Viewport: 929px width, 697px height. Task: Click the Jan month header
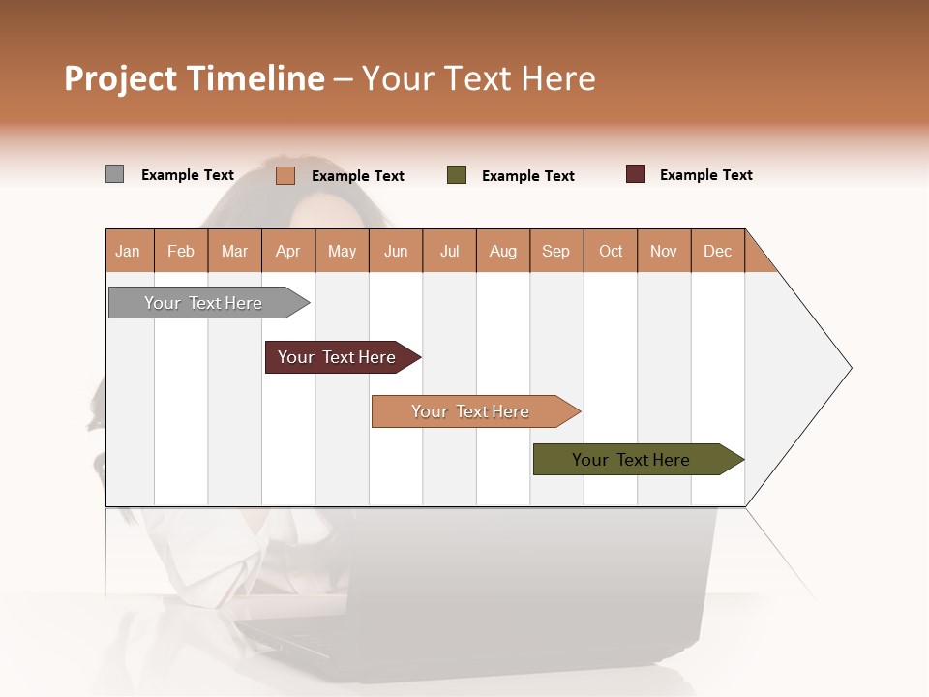tap(128, 251)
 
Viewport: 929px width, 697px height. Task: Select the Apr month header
tap(287, 251)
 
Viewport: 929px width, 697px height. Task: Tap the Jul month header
tap(449, 251)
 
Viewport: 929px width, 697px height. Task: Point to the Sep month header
tap(555, 251)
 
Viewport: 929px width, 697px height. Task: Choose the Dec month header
tap(717, 251)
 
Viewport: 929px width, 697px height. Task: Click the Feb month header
tap(181, 251)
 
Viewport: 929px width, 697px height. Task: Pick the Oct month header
tap(611, 251)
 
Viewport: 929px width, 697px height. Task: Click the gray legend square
tap(114, 174)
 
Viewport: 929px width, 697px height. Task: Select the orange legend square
tap(285, 175)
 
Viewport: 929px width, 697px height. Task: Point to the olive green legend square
tap(457, 175)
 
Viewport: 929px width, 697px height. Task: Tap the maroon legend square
tap(636, 174)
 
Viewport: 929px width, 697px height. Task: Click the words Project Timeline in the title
tap(194, 78)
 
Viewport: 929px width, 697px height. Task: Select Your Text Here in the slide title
tap(478, 78)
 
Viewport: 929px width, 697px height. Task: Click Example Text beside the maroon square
tap(705, 175)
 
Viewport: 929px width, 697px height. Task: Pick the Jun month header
tap(396, 251)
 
